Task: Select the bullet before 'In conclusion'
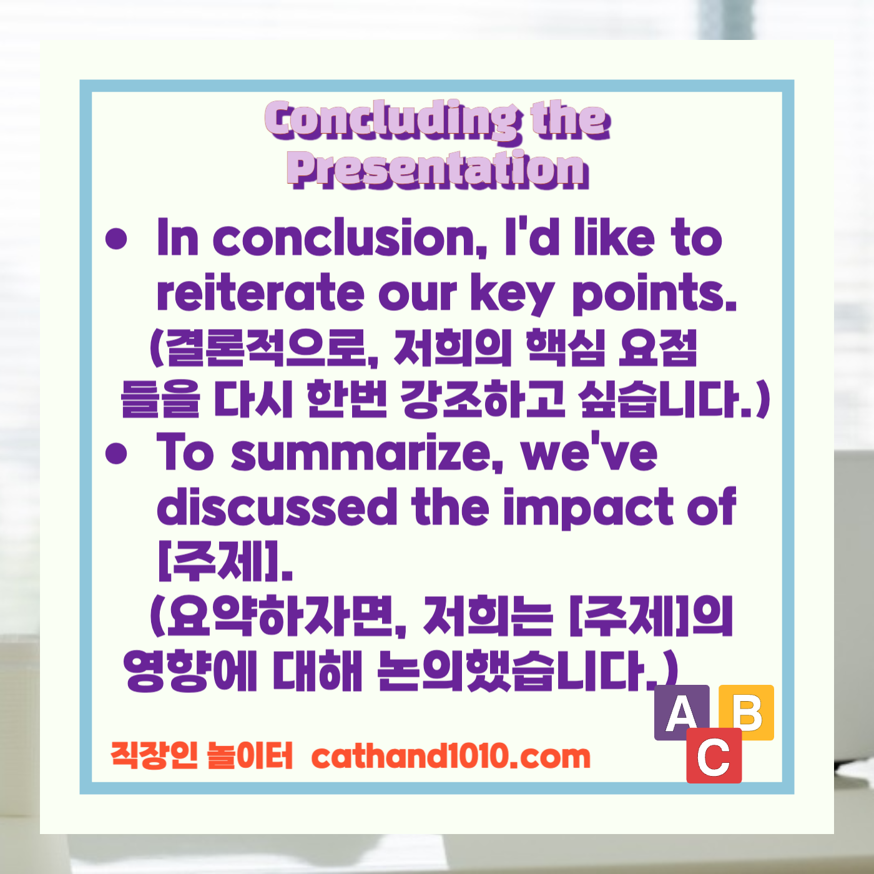click(x=117, y=238)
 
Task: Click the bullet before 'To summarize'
click(x=117, y=453)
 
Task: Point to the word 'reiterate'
click(x=260, y=292)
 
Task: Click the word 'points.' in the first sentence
click(x=654, y=293)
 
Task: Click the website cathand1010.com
click(x=451, y=757)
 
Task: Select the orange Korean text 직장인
click(x=154, y=755)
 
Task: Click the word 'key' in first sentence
click(x=512, y=293)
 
